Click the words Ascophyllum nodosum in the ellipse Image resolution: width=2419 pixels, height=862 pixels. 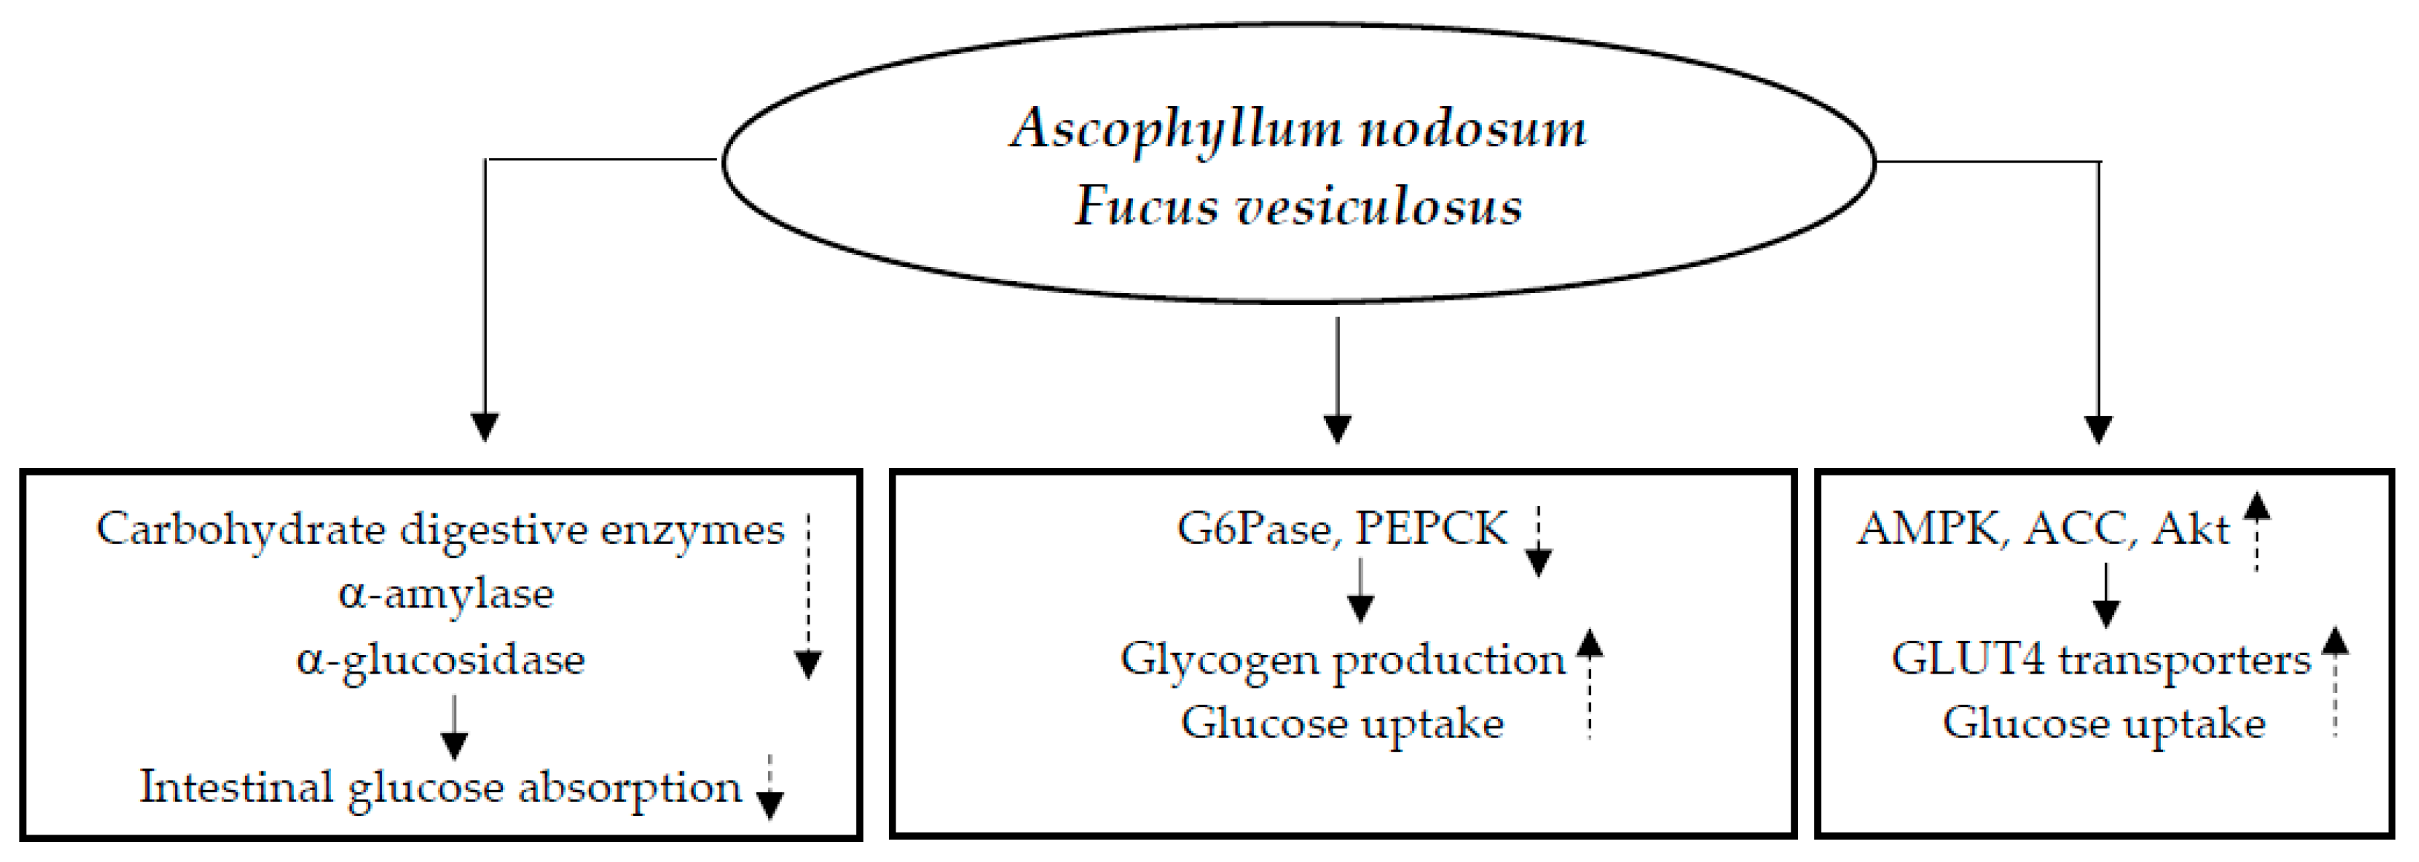click(1298, 128)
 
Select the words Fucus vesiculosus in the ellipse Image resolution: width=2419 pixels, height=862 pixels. click(1298, 205)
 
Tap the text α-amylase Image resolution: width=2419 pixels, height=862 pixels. click(446, 594)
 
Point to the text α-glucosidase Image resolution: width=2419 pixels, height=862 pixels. click(441, 660)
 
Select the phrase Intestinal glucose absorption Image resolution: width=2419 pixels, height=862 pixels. click(441, 787)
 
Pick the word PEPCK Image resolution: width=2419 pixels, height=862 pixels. click(1431, 529)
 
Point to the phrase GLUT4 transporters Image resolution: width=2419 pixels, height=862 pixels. click(2101, 659)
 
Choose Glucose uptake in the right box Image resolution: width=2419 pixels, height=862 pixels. click(2104, 723)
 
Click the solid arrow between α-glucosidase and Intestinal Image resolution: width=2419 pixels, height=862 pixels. click(455, 727)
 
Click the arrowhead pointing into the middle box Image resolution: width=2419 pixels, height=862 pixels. click(1337, 428)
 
